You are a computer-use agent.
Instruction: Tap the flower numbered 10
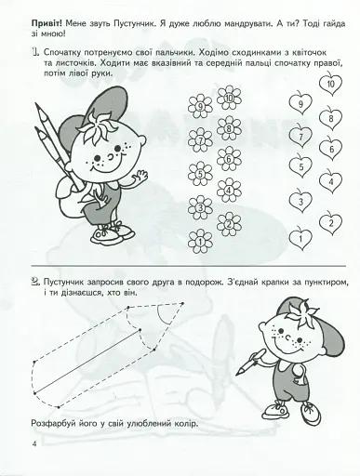tap(229, 99)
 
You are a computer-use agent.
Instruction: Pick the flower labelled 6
tap(229, 160)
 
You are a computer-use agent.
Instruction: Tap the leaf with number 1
tap(299, 240)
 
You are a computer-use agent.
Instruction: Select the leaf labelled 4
tap(330, 181)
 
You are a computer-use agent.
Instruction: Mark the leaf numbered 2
tap(330, 223)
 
